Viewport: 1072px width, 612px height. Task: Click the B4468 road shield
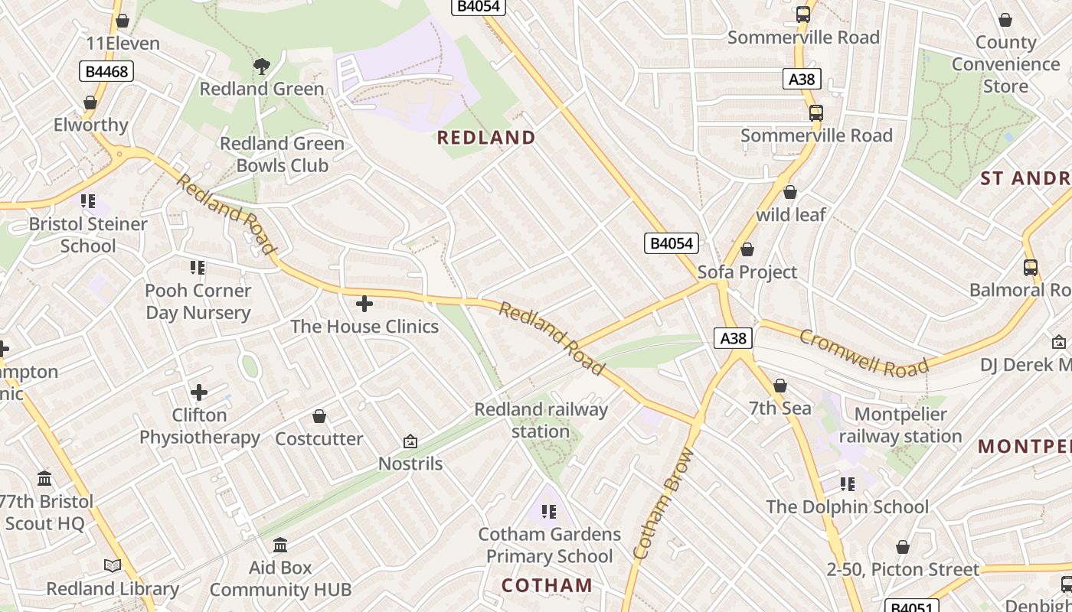coord(106,72)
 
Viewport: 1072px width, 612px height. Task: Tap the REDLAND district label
coord(485,138)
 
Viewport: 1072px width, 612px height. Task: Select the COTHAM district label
coord(547,585)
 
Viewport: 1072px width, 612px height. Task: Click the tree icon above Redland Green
coord(262,67)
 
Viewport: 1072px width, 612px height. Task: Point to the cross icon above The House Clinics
coord(364,304)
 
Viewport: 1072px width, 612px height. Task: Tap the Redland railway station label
coord(541,420)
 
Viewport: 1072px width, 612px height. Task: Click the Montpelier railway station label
coord(900,425)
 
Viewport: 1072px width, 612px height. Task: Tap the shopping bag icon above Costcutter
coord(319,416)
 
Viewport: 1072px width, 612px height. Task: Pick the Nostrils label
coord(410,464)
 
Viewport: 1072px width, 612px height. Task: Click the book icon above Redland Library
coord(113,565)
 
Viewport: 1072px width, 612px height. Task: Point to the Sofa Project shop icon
coord(747,249)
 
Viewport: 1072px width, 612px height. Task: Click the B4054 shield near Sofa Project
coord(671,243)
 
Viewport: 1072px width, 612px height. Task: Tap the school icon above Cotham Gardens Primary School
coord(548,511)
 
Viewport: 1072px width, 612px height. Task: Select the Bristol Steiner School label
coord(88,235)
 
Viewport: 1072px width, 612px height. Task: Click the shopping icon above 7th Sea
coord(780,386)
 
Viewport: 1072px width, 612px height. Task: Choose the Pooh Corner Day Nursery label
coord(198,301)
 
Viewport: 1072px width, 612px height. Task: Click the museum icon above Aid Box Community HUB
coord(280,545)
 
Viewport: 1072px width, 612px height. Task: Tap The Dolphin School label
coord(847,506)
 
